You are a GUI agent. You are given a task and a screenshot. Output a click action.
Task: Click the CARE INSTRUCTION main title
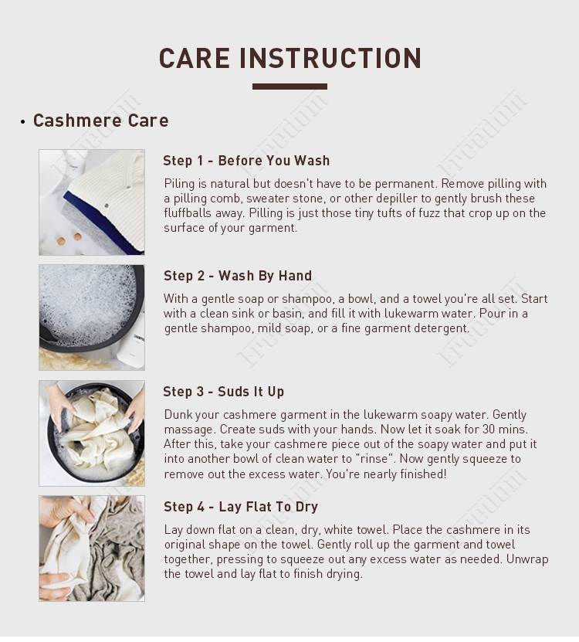point(289,58)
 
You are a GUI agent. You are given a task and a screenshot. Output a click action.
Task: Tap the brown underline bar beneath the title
point(289,87)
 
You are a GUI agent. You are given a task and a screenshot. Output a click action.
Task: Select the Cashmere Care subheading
point(100,121)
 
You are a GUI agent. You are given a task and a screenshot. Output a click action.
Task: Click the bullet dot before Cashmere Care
point(22,121)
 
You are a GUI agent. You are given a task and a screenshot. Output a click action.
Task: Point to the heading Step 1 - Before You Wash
point(246,161)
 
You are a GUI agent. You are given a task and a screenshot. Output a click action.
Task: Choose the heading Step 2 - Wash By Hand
point(238,276)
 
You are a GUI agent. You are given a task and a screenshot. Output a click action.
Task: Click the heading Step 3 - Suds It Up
point(223,392)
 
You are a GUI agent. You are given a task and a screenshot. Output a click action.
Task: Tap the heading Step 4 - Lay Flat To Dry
point(241,507)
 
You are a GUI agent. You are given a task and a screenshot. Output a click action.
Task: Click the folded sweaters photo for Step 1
point(92,202)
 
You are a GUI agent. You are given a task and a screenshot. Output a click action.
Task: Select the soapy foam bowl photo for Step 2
point(92,318)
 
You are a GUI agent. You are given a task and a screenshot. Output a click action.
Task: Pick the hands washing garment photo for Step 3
point(92,433)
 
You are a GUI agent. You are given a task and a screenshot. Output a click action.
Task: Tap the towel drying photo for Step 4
point(92,549)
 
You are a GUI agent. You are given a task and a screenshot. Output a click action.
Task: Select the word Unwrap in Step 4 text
point(527,559)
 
